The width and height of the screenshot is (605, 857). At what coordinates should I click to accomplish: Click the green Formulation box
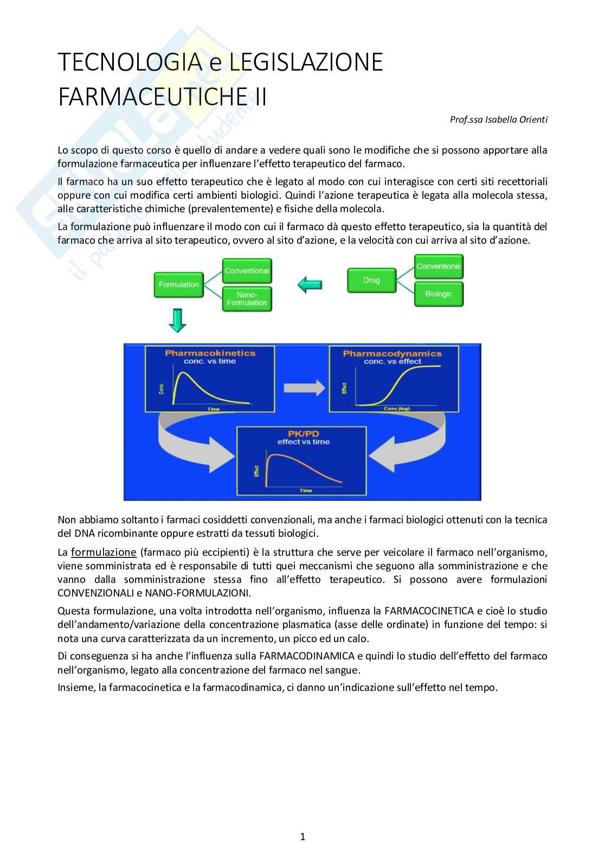(x=178, y=284)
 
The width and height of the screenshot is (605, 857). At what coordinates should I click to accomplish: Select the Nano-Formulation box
(x=247, y=299)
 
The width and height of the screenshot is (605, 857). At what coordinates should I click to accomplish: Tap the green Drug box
(x=371, y=280)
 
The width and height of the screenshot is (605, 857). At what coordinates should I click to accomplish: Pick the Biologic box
(x=439, y=294)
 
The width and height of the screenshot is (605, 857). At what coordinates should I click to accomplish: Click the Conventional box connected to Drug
(x=439, y=266)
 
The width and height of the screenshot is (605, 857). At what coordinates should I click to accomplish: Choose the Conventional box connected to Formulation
(x=247, y=270)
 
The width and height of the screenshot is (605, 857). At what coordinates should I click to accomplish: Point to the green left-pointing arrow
(x=310, y=284)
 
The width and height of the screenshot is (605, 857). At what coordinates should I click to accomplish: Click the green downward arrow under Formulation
(x=177, y=321)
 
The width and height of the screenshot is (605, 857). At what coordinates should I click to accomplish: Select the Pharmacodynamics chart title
(x=392, y=353)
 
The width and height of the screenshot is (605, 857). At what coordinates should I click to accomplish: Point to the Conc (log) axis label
(x=396, y=409)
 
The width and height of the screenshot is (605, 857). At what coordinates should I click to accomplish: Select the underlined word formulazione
(x=104, y=553)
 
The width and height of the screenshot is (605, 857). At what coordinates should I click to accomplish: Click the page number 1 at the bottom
(x=302, y=836)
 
